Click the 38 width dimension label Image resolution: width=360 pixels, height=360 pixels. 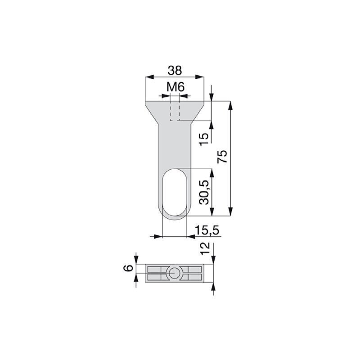pos(175,71)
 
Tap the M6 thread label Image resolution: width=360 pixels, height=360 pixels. pos(175,87)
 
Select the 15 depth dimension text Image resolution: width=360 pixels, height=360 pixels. pos(204,139)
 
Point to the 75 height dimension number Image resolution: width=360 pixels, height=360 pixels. pos(222,156)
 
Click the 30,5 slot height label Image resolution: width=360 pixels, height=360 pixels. pos(204,192)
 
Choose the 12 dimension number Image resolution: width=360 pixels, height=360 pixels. pos(205,248)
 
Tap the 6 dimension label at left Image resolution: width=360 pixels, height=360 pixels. pos(129,268)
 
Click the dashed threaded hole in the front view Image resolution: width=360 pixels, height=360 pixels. pos(175,111)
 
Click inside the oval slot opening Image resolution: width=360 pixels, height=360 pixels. pos(175,193)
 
